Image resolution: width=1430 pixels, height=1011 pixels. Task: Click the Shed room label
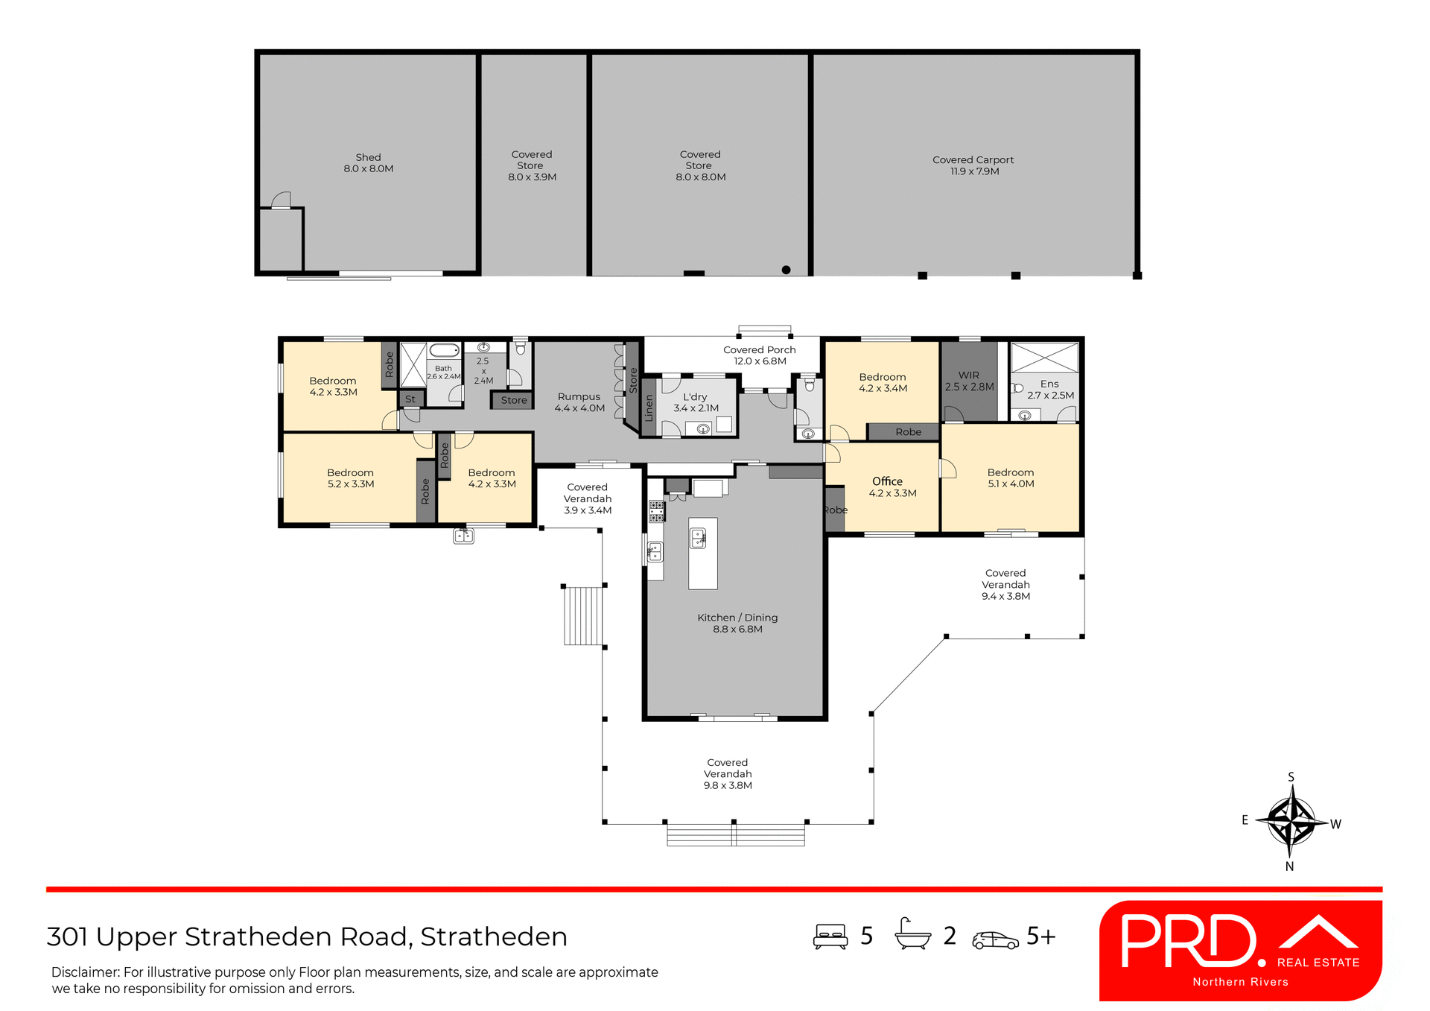tap(368, 162)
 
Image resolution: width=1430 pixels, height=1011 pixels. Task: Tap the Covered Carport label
tap(973, 165)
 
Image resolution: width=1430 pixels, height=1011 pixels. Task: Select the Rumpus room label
tap(579, 402)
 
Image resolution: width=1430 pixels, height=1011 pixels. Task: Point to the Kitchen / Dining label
tap(737, 623)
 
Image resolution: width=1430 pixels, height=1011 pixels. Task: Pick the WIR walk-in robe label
tap(968, 381)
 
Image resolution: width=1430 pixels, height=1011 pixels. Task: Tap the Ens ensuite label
tap(1049, 389)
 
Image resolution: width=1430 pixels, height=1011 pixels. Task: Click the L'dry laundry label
tap(695, 402)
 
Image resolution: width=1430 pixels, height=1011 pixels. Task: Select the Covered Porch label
tap(759, 355)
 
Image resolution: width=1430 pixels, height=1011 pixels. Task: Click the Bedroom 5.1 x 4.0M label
tap(1010, 478)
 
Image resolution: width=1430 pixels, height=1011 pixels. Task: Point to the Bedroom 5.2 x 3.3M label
tap(350, 478)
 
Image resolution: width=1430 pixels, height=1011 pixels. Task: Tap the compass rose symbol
tap(1291, 821)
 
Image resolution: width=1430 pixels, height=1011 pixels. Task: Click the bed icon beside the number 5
tap(830, 936)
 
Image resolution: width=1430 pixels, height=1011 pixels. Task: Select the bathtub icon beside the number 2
tap(912, 934)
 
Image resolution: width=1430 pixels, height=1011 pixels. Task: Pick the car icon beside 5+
tap(994, 940)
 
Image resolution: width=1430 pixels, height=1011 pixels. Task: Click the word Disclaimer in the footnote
tap(85, 972)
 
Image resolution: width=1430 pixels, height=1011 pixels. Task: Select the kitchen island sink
tap(698, 538)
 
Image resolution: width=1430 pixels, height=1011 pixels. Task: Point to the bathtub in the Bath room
tap(445, 350)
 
